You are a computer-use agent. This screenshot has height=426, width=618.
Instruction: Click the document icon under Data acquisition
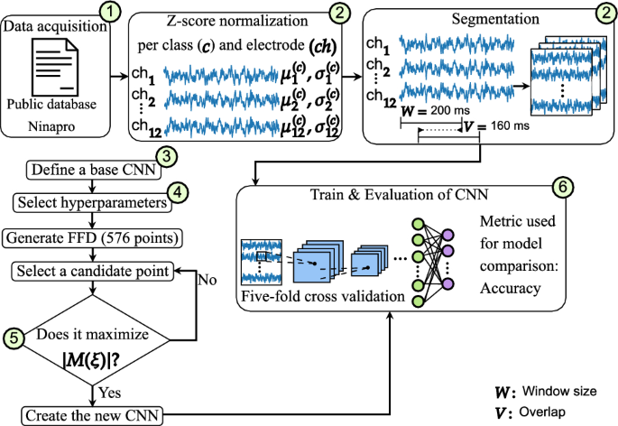(57, 70)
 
